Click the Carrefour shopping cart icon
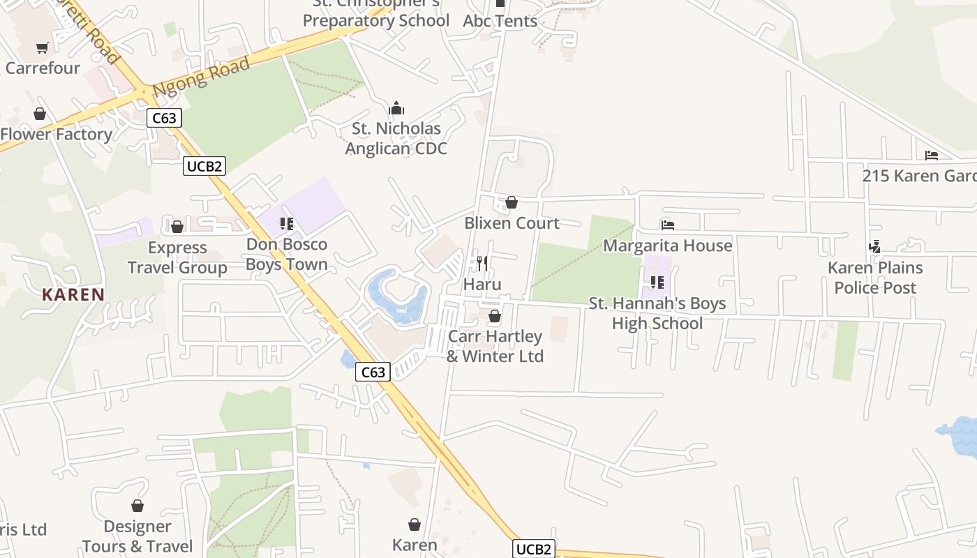[43, 48]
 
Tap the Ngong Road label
[201, 77]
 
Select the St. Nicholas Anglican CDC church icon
[396, 108]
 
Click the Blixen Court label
[512, 223]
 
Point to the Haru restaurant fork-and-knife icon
[482, 263]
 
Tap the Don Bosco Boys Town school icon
[286, 224]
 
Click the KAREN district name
[73, 294]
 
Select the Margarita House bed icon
[668, 225]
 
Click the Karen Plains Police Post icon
[874, 247]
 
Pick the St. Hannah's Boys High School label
[657, 313]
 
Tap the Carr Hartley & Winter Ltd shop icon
[495, 317]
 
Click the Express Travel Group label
[177, 257]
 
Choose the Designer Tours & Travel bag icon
[137, 506]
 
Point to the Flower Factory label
[57, 135]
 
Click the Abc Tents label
[500, 21]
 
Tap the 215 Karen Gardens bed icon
[932, 156]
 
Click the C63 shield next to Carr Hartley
[373, 372]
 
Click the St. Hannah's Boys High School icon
[657, 282]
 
